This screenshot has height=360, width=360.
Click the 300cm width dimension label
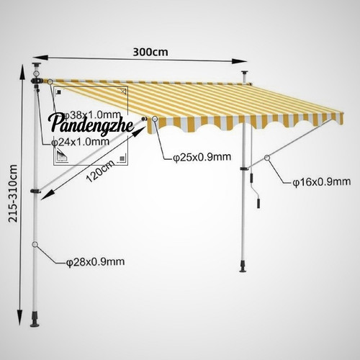coord(150,52)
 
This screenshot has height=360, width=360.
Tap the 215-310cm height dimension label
coord(13,193)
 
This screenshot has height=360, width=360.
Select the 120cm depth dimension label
coord(100,171)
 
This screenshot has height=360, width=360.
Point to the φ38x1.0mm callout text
coord(92,115)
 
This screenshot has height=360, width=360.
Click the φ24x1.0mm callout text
coord(81,142)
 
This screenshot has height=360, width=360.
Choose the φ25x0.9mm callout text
coord(202,157)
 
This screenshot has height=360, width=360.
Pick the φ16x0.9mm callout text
coord(322,182)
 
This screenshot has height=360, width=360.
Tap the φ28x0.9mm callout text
coord(96,262)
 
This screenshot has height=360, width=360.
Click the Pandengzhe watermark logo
coord(92,124)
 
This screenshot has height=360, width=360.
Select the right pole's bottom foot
coord(243,266)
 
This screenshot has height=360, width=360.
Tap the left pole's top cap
coord(37,65)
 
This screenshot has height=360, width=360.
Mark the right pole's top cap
coord(245,73)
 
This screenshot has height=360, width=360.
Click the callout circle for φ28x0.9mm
coord(35,245)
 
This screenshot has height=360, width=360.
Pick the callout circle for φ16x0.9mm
coord(267,158)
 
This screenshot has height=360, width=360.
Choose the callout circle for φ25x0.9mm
coord(155,119)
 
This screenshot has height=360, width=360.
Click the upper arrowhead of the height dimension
coord(22,72)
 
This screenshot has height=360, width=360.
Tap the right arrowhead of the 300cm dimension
coord(239,61)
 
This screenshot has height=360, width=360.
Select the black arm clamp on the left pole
coord(35,191)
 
